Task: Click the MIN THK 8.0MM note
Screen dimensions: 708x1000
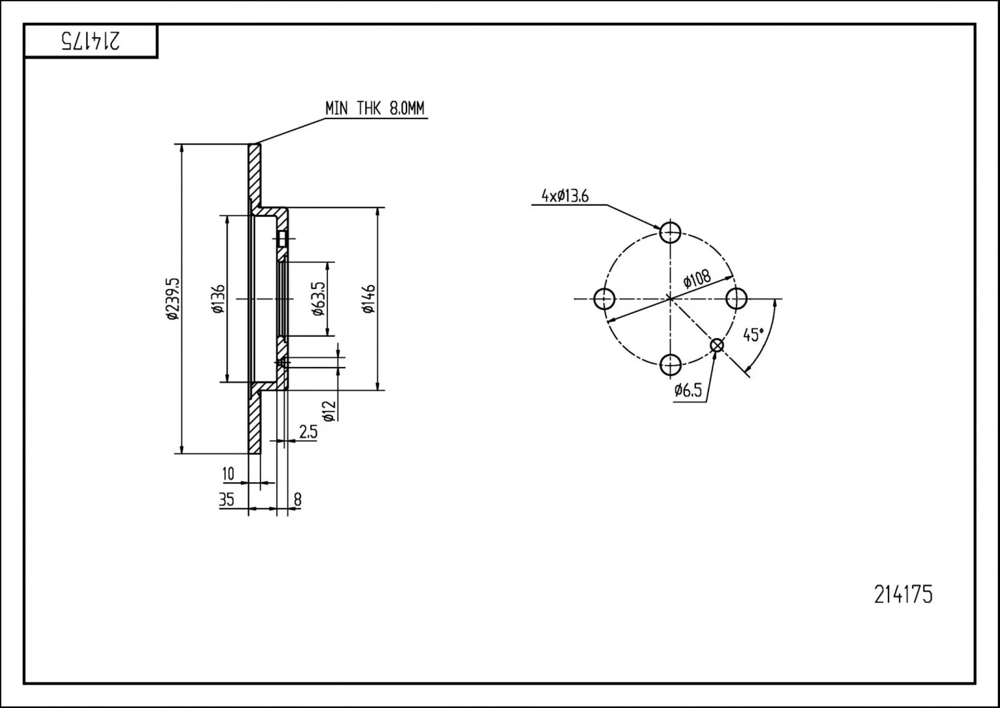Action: pos(375,108)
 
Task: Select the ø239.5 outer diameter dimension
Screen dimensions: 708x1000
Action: pos(173,299)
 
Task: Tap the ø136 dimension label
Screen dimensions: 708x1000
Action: pos(218,299)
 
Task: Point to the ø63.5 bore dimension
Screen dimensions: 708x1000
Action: pos(318,299)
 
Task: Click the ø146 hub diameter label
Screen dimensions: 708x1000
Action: pos(368,299)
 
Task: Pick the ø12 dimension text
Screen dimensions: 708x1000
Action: pos(330,411)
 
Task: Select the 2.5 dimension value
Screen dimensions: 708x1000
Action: pos(308,432)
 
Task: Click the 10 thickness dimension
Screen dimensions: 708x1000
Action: pos(228,473)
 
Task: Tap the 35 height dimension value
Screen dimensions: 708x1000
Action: pos(227,500)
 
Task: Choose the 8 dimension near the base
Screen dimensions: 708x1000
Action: pos(298,500)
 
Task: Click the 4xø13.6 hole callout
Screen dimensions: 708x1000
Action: pos(565,196)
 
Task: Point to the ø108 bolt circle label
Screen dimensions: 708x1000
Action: pos(697,279)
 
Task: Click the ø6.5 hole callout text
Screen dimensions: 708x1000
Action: pos(688,390)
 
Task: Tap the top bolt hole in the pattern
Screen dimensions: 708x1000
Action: pos(670,232)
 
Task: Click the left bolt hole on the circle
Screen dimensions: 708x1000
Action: pos(604,299)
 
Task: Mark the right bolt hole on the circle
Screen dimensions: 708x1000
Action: pos(736,299)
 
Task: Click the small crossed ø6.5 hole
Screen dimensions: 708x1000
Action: pos(716,345)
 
